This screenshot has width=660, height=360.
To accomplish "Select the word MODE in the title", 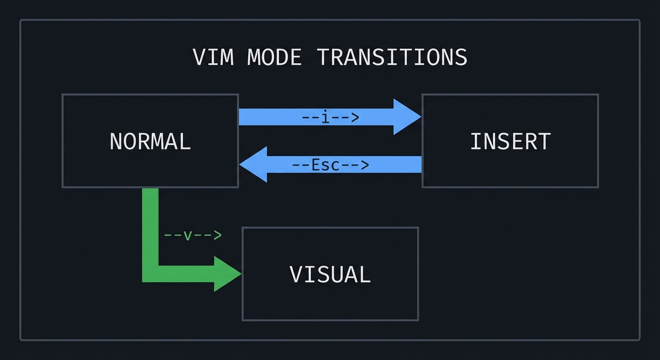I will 274,57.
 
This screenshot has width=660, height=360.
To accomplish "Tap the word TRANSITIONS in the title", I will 392,57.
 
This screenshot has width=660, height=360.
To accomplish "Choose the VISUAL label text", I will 330,275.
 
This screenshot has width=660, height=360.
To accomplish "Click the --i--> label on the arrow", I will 330,117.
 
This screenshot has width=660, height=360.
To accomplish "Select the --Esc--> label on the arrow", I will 330,165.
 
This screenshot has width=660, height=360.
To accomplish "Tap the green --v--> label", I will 192,235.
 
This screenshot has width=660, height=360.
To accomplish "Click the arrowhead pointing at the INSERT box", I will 406,117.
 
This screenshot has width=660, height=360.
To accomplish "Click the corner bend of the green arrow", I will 150,274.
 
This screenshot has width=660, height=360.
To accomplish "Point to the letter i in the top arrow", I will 326,117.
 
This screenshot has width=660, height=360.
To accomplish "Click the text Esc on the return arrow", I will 330,165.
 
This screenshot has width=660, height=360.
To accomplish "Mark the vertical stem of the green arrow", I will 150,225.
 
